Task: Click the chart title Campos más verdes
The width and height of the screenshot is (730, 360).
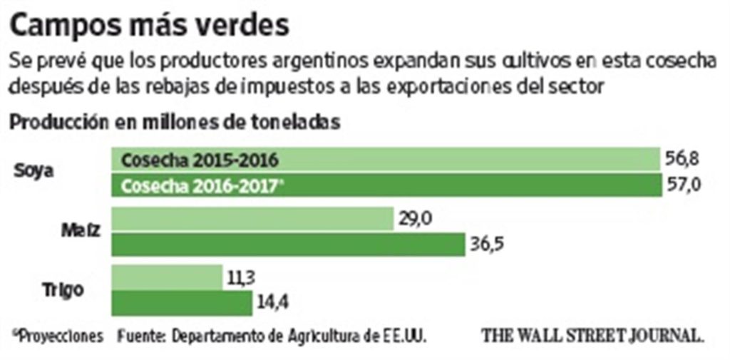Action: [150, 26]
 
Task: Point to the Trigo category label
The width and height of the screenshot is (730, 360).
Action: [70, 290]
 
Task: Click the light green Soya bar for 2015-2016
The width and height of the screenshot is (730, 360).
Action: [385, 159]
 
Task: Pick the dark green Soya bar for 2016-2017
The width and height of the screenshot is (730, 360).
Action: [385, 185]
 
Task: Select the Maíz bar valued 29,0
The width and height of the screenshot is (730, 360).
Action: [253, 219]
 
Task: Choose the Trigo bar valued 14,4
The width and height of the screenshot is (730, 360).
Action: [182, 303]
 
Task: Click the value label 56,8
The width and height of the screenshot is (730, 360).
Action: [683, 158]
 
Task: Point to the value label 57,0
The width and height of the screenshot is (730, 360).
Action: [683, 185]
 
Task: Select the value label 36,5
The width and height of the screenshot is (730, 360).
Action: [488, 245]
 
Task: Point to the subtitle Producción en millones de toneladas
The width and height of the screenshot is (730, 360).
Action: [174, 121]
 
